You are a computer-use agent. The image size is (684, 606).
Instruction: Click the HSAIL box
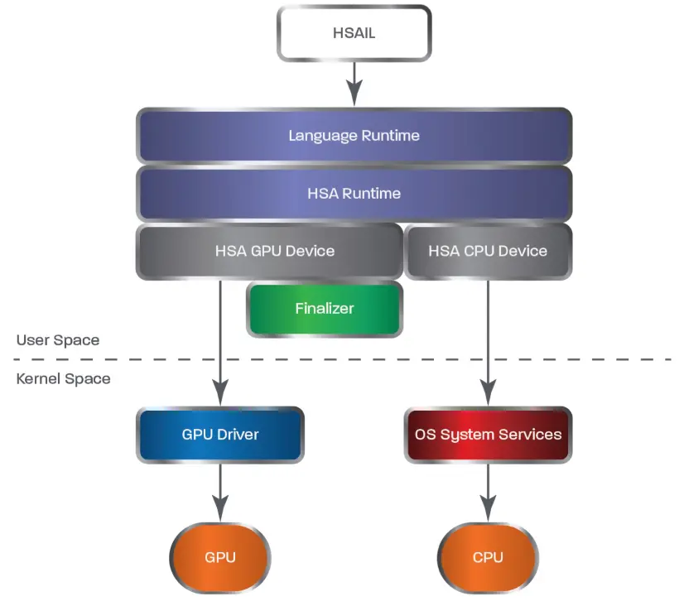[354, 33]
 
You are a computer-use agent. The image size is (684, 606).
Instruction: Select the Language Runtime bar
[354, 135]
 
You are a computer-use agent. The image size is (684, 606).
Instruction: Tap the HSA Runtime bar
[354, 193]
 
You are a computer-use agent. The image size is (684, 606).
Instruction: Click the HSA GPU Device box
[269, 251]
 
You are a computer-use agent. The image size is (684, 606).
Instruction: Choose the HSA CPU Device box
[488, 251]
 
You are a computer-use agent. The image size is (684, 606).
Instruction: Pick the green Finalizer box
[324, 309]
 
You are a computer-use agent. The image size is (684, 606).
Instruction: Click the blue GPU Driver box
[220, 434]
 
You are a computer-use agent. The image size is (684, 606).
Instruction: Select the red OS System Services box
[488, 434]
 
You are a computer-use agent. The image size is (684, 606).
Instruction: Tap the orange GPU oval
[220, 557]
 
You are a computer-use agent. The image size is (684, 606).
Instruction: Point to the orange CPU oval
[488, 557]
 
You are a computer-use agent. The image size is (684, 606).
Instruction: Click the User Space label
[58, 340]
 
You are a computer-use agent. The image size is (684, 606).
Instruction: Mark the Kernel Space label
[64, 379]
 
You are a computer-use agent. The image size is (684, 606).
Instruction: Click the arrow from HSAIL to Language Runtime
[354, 83]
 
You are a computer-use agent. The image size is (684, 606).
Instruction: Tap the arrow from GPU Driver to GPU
[220, 493]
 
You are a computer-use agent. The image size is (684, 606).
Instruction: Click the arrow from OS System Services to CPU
[488, 493]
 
